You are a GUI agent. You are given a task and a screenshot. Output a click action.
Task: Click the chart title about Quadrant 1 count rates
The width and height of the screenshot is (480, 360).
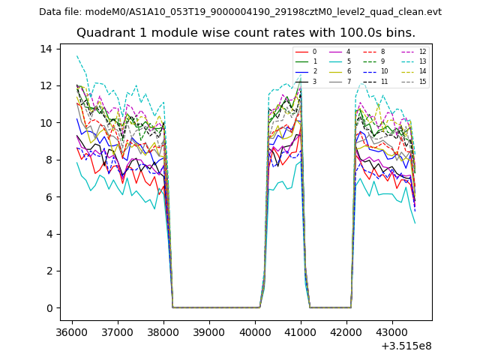(256, 33)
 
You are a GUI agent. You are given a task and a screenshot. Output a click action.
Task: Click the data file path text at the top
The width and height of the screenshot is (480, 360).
(240, 11)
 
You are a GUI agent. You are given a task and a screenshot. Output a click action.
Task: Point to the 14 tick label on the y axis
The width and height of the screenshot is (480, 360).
(46, 49)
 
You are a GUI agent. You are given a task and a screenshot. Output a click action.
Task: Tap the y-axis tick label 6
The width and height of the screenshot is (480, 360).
(49, 197)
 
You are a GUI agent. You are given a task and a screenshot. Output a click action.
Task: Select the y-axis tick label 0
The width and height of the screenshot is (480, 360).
(49, 308)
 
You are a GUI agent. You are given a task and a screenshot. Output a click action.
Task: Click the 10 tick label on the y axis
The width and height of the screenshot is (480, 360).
(46, 123)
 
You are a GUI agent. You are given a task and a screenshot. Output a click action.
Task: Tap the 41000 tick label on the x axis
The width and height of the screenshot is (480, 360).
(301, 331)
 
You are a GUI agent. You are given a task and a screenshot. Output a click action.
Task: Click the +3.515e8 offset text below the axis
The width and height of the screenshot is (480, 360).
(406, 346)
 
